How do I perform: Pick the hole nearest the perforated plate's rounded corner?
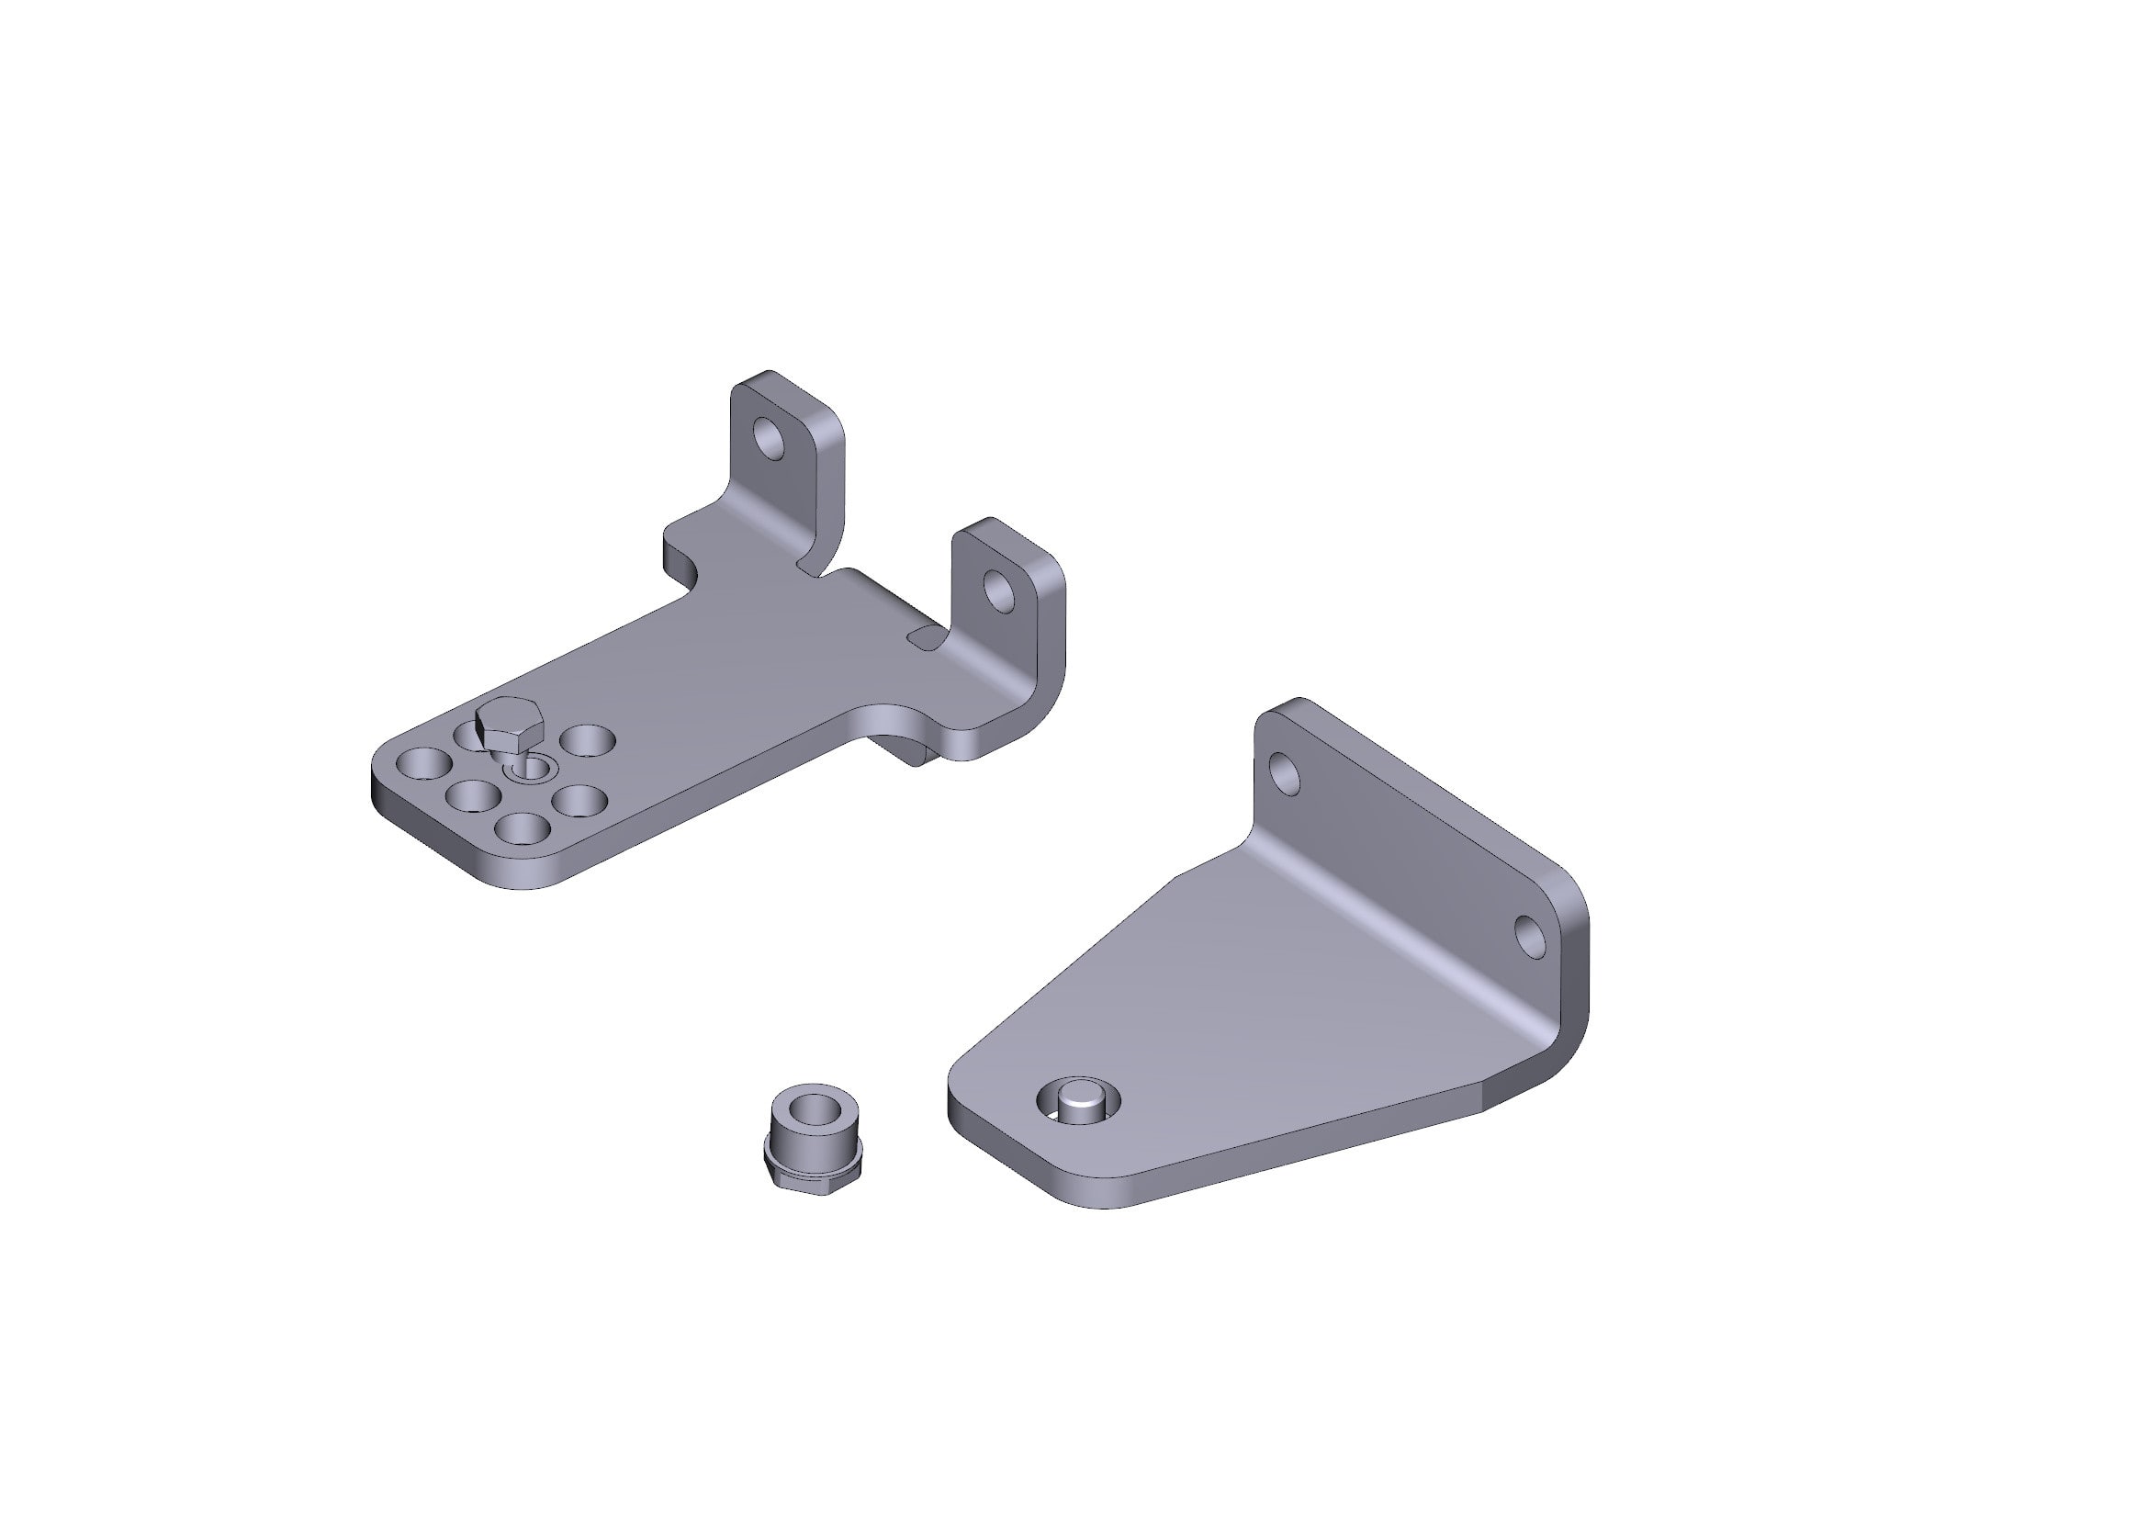(423, 763)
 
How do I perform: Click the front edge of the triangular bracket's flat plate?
(1291, 1160)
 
